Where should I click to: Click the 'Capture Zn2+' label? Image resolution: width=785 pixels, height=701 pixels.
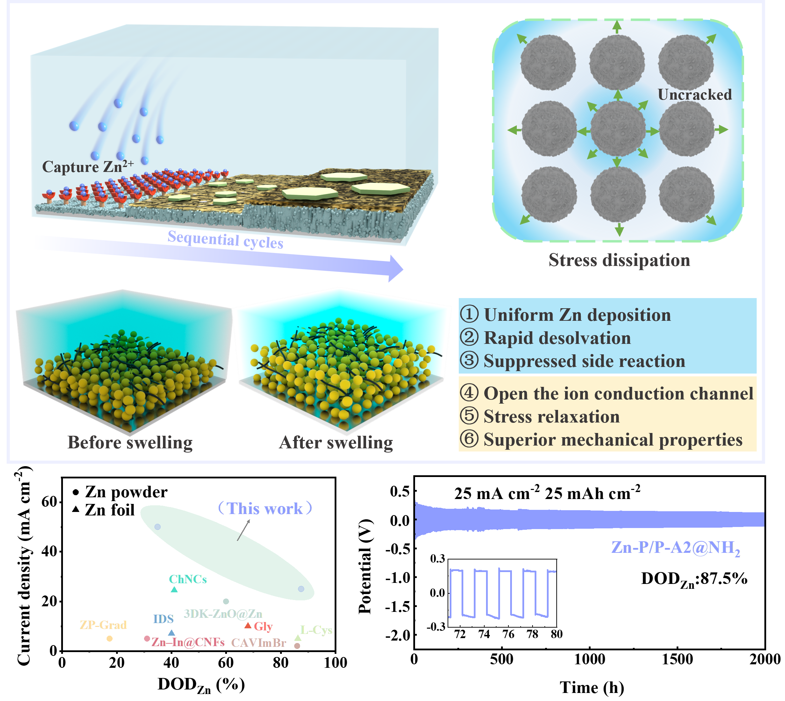(88, 167)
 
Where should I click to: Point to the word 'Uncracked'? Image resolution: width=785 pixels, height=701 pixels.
(694, 95)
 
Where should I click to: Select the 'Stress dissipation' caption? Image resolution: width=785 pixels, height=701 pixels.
(619, 260)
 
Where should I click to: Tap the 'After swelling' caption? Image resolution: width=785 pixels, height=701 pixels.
(336, 442)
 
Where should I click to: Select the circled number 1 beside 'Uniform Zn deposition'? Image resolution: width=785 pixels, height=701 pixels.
(469, 314)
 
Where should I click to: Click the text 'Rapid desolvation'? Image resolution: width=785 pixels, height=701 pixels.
(557, 338)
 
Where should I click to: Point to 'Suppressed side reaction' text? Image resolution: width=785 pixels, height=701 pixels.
(584, 361)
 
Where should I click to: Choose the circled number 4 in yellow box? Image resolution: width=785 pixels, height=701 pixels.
(469, 393)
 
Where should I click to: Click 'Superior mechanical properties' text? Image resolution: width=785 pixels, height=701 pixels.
(613, 440)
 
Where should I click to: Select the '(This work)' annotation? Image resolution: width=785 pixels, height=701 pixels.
(265, 509)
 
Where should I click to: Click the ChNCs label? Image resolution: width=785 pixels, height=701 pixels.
(188, 579)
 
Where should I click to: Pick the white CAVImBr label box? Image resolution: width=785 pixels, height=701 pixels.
(259, 642)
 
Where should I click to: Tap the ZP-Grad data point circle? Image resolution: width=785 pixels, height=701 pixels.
(110, 638)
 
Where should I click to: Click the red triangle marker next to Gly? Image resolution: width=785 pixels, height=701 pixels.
(248, 626)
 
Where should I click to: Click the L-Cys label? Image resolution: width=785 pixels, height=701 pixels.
(316, 630)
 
